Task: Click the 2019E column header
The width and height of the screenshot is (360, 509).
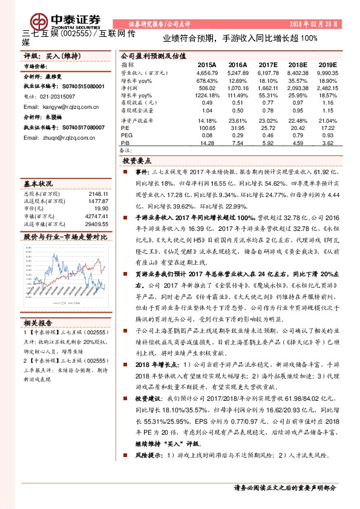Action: (327, 64)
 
